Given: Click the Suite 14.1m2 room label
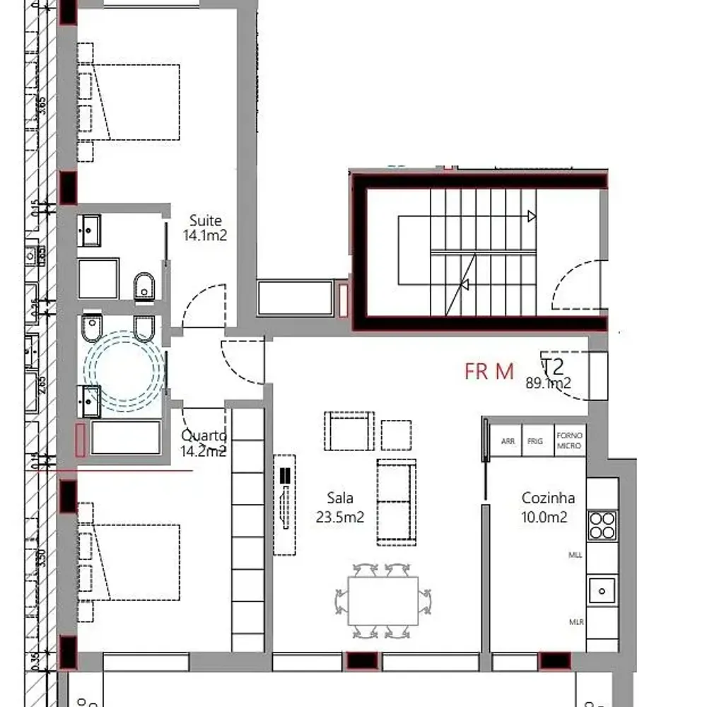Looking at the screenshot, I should pos(205,228).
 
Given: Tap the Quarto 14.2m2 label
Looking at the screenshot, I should pos(204,443).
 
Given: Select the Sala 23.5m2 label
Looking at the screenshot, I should pos(340,507).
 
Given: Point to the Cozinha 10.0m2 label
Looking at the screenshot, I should pos(547,507).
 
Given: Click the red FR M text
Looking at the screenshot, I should pos(489,372).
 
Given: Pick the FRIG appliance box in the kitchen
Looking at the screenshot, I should pos(536,440).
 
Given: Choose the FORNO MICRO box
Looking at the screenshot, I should pos(570,440).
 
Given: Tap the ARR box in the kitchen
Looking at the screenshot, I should pos(507,440).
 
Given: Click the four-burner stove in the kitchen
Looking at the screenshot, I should pos(602,526).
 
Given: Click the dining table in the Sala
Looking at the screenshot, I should pos(383,600).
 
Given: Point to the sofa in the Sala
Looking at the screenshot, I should pos(396,501).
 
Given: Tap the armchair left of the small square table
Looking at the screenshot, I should pos(348,431).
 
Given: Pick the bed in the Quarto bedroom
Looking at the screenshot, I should pos(138,562).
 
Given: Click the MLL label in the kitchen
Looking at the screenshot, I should pos(575,556).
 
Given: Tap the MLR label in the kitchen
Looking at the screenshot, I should pos(576,622).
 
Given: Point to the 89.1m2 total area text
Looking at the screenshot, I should pos(548,384).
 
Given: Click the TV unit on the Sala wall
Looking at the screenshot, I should pos(285,503).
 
